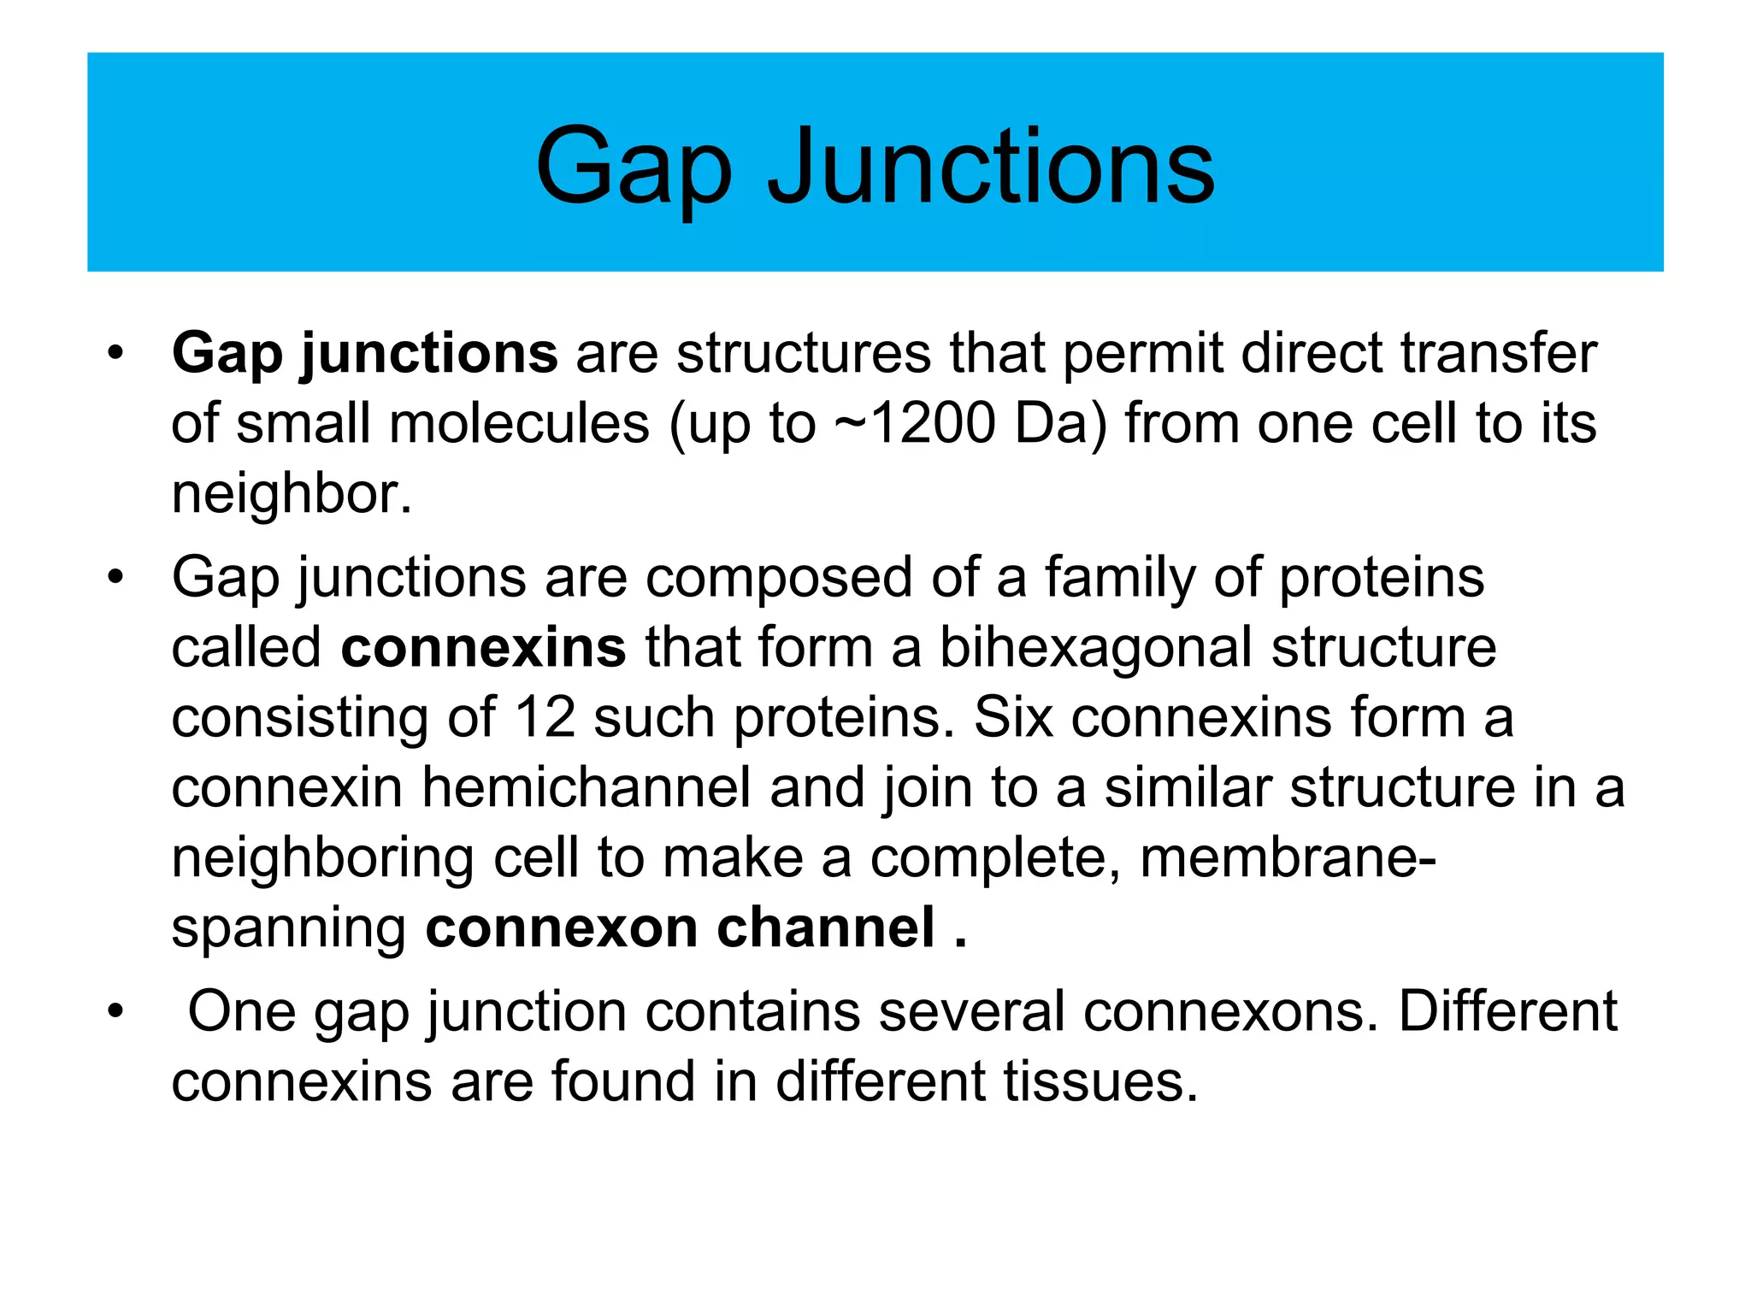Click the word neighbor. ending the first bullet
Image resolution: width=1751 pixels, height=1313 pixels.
(292, 494)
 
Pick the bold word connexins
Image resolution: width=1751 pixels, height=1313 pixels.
(483, 648)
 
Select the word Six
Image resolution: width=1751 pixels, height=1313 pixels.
(1012, 718)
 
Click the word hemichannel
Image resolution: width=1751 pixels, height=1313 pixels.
(586, 788)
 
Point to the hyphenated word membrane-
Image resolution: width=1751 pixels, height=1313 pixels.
(1288, 858)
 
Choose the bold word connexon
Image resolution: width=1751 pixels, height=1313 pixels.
(561, 928)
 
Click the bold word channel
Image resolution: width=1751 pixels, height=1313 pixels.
(825, 928)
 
